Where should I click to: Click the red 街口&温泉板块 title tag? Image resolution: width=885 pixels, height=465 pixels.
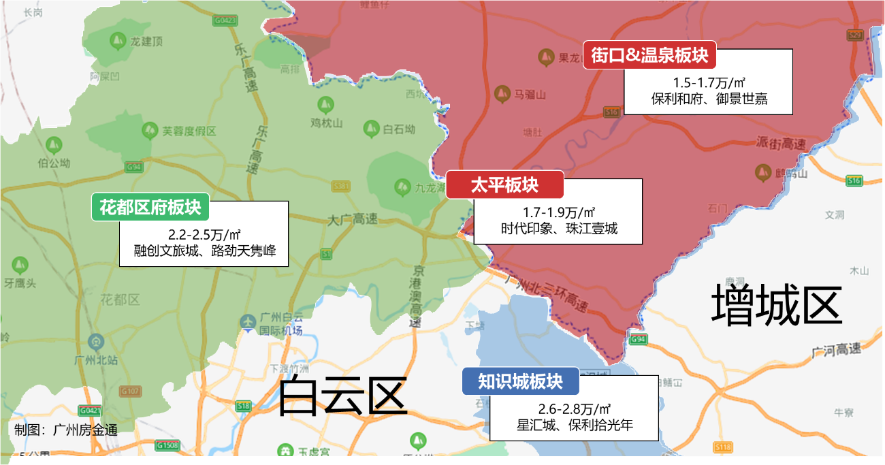click(x=649, y=55)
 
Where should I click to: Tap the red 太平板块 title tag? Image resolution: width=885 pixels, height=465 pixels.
click(x=504, y=185)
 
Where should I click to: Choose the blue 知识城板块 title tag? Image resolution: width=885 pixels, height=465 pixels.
click(x=520, y=381)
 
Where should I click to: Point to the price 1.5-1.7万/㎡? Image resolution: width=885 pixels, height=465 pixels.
click(x=709, y=83)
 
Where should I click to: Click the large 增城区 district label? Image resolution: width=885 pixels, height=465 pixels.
click(x=777, y=304)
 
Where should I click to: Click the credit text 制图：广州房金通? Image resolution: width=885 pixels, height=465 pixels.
click(x=66, y=430)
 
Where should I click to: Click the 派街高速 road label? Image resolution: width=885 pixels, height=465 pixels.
click(x=780, y=144)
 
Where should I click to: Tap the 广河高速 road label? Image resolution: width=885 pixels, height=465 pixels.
click(x=836, y=350)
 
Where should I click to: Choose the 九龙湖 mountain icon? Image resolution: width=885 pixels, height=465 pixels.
click(x=402, y=185)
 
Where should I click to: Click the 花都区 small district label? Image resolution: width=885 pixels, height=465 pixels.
click(x=120, y=299)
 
